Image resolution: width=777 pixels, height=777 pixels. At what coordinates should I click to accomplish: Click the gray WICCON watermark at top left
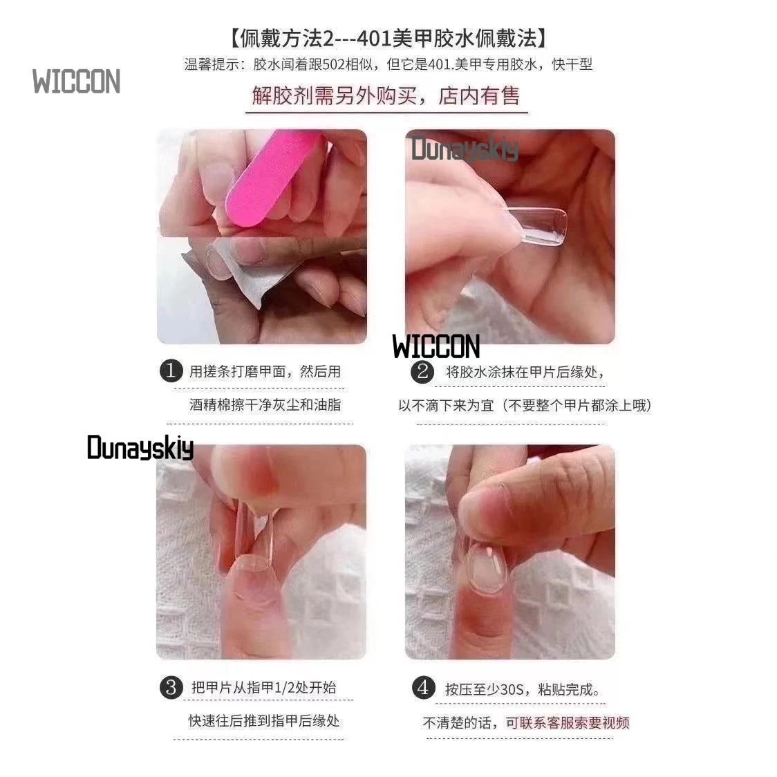coord(76,82)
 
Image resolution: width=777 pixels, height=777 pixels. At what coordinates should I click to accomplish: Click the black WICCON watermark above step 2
coord(436,346)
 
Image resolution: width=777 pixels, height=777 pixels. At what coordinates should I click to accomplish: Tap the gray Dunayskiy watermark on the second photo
coord(465,149)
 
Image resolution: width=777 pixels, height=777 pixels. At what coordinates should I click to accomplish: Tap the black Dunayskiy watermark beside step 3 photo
coord(140,448)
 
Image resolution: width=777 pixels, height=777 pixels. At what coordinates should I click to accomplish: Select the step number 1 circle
coord(171,371)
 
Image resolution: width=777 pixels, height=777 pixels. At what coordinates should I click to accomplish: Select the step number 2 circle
coord(422,372)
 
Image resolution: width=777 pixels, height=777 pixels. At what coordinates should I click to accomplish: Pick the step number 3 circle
coord(171,688)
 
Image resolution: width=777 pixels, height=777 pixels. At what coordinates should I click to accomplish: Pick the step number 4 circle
coord(422,688)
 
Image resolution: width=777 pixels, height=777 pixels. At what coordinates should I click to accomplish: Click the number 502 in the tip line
coord(331,64)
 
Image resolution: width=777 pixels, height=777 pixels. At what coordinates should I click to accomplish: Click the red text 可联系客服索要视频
coord(567,722)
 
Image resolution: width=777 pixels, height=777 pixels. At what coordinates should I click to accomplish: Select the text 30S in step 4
coord(512,689)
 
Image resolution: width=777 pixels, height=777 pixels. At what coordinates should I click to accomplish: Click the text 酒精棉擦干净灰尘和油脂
coord(265,404)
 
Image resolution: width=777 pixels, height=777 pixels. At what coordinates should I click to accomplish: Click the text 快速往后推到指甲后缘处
coord(264,721)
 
